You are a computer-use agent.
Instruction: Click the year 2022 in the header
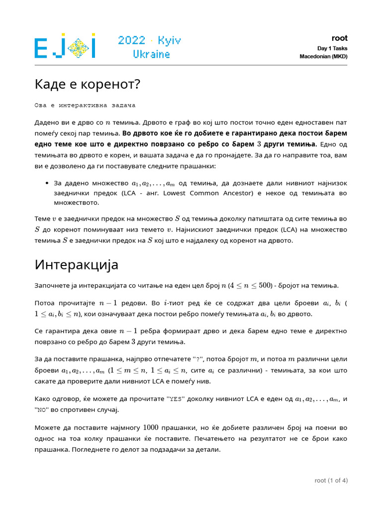point(131,40)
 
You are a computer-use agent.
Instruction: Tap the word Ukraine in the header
point(151,54)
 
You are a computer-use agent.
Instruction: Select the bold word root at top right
point(339,38)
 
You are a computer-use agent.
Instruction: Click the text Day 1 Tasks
point(332,48)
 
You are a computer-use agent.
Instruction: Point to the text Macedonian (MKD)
point(323,57)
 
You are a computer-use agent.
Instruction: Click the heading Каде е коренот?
point(88,85)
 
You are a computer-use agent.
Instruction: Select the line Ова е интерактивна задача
point(85,106)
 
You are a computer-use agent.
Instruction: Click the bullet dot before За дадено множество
point(46,183)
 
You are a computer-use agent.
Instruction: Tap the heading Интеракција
point(76,264)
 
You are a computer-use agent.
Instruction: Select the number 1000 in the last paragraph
point(151,428)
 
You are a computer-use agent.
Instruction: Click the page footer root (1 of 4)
point(331,481)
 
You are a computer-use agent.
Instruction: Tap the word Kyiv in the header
point(169,40)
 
